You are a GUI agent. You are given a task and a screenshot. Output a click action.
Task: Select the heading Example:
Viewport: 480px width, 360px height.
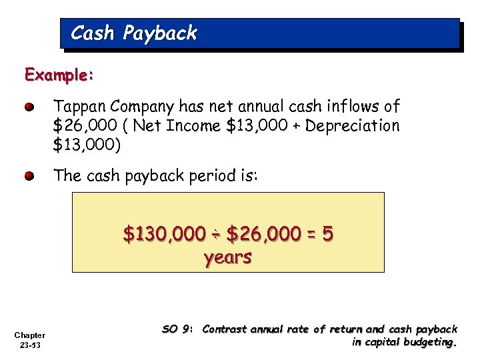pyautogui.click(x=59, y=75)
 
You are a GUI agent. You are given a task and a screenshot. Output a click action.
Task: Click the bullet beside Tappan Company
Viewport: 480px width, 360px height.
pyautogui.click(x=29, y=107)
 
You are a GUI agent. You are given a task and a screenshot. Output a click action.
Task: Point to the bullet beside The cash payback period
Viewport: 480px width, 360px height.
pyautogui.click(x=29, y=177)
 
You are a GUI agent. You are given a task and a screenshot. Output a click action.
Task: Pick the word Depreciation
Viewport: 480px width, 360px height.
pyautogui.click(x=353, y=125)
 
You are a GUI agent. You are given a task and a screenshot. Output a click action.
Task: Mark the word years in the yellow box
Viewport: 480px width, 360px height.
pyautogui.click(x=228, y=257)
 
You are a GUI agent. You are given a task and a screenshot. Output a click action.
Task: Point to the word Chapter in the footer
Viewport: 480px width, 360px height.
pyautogui.click(x=29, y=335)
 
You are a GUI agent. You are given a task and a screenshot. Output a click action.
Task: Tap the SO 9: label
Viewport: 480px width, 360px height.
pyautogui.click(x=177, y=329)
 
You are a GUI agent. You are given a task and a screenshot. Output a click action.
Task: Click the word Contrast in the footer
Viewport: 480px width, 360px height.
pyautogui.click(x=225, y=329)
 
